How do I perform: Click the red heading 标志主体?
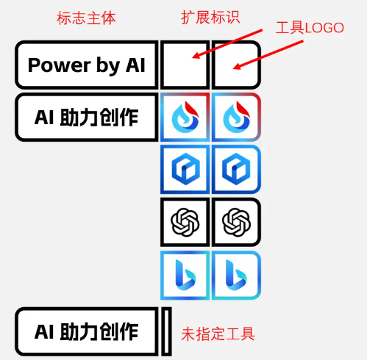[x=86, y=18]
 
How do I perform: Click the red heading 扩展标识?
[x=210, y=18]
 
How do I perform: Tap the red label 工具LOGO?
[x=310, y=28]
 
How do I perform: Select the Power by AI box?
[x=87, y=65]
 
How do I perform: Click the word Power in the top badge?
[x=60, y=65]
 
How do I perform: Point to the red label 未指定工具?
[x=218, y=334]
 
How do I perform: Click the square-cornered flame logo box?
[x=185, y=118]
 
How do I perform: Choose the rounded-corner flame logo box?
[x=236, y=118]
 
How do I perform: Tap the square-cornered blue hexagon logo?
[x=185, y=170]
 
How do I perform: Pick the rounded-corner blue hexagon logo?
[x=236, y=170]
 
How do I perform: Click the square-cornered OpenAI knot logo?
[x=185, y=222]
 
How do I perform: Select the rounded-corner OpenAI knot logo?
[x=236, y=222]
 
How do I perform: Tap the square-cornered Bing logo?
[x=185, y=275]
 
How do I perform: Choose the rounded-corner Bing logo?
[x=236, y=275]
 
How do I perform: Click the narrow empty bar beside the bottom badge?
[x=166, y=331]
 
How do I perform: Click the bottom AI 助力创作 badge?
[x=87, y=331]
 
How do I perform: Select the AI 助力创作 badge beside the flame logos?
[x=87, y=118]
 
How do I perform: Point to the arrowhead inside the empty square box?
[x=196, y=56]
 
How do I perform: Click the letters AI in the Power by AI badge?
[x=135, y=65]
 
